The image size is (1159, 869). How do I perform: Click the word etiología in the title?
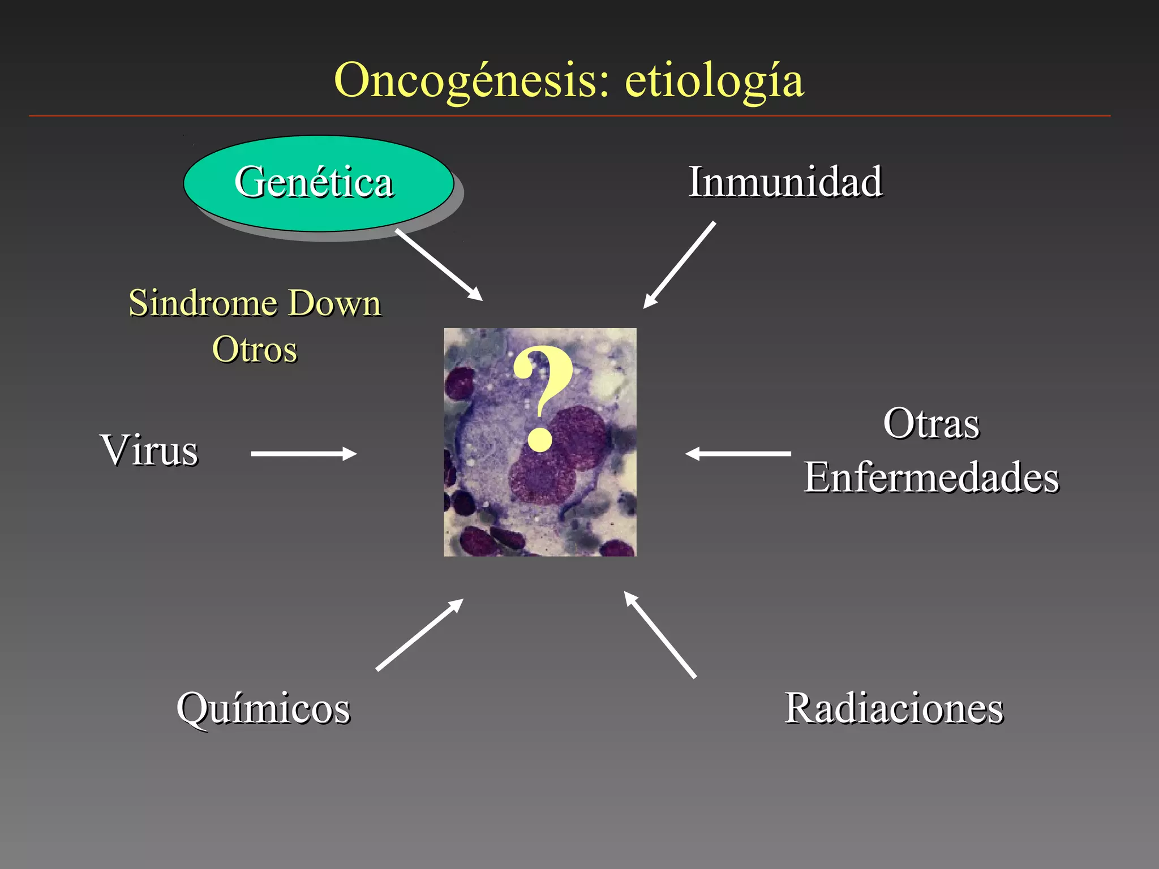pyautogui.click(x=714, y=81)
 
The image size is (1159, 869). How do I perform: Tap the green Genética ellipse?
pyautogui.click(x=318, y=183)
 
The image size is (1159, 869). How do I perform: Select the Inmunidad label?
pyautogui.click(x=785, y=182)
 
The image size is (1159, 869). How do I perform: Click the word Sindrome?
pyautogui.click(x=201, y=303)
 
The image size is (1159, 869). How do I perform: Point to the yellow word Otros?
pyautogui.click(x=255, y=349)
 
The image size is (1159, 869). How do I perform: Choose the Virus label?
pyautogui.click(x=149, y=450)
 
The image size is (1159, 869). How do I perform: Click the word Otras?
pyautogui.click(x=931, y=424)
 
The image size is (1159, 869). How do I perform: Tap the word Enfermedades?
pyautogui.click(x=932, y=477)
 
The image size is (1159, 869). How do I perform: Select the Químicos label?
pyautogui.click(x=263, y=708)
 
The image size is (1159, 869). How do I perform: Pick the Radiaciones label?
pyautogui.click(x=894, y=708)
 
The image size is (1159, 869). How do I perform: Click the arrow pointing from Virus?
pyautogui.click(x=303, y=454)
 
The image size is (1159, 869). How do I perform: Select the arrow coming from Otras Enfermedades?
pyautogui.click(x=738, y=454)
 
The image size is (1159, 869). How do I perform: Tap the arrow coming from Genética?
pyautogui.click(x=439, y=264)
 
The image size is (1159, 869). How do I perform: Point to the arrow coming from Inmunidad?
pyautogui.click(x=680, y=264)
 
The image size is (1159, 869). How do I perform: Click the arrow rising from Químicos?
pyautogui.click(x=419, y=635)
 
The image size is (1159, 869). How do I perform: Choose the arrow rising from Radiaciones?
pyautogui.click(x=660, y=634)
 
